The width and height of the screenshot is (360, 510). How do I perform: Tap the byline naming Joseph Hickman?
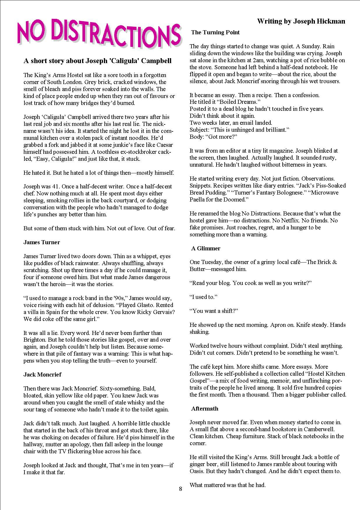tap(301, 21)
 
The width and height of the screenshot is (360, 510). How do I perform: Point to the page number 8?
tap(180, 488)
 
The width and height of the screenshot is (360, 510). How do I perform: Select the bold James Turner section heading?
tap(42, 242)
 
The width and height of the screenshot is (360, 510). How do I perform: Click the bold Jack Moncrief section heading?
tap(42, 375)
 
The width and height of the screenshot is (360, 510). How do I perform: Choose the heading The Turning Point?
tap(215, 32)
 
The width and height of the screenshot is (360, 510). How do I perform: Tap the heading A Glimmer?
tap(205, 248)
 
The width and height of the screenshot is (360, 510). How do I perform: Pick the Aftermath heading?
tap(205, 409)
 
